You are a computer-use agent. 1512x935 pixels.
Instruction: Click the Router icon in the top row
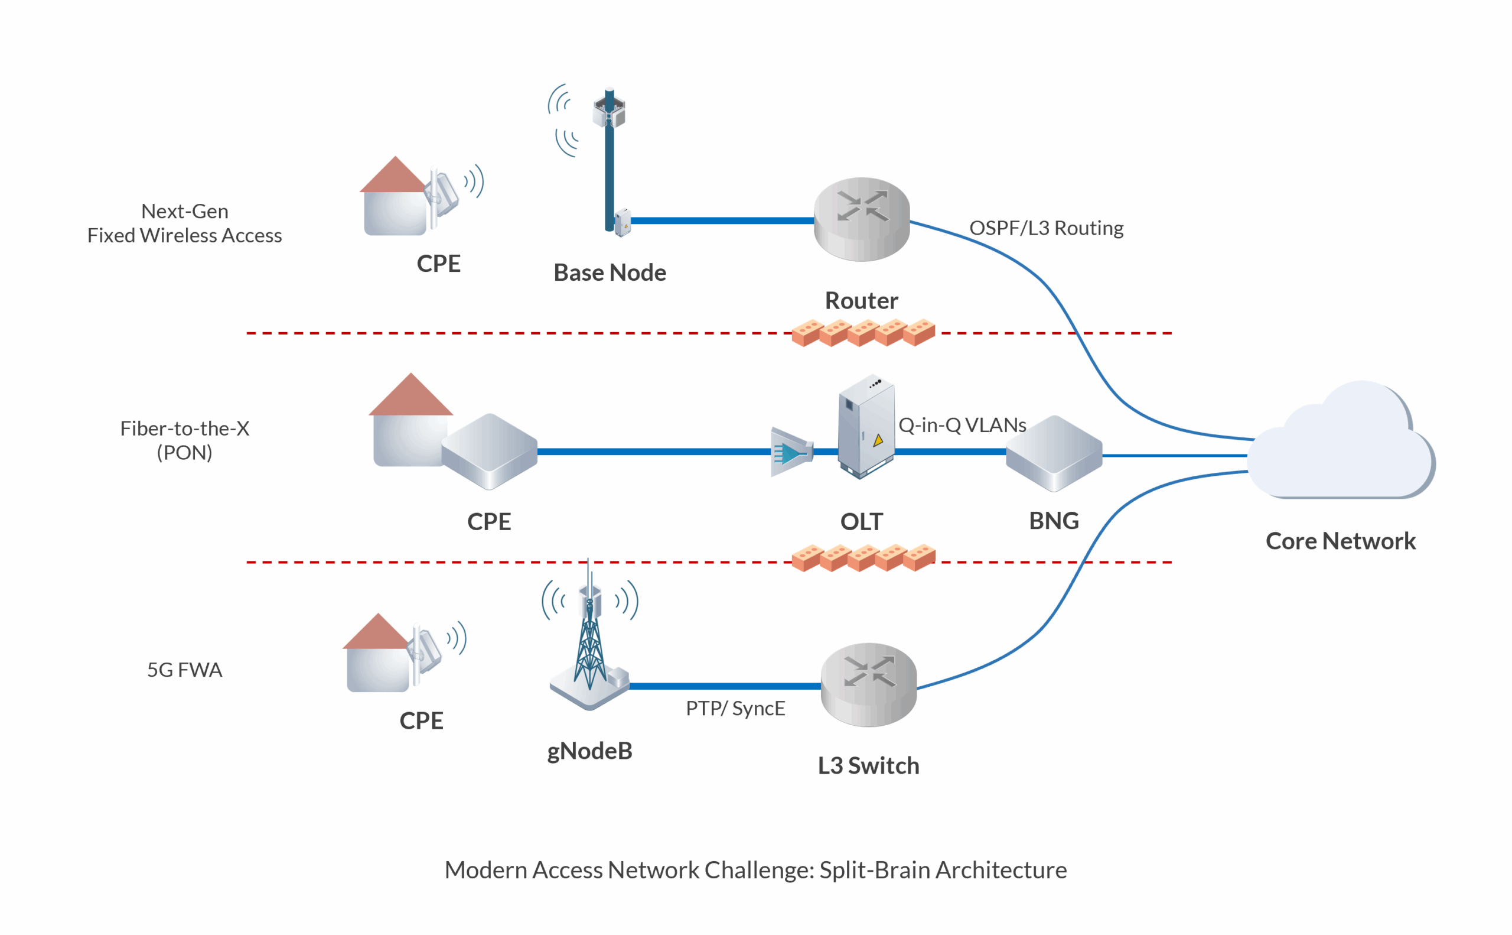coord(861,219)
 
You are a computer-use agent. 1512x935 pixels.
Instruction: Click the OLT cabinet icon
coord(866,427)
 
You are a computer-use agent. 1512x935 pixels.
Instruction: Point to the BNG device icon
coord(1054,453)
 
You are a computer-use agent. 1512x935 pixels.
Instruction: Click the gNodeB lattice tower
coord(589,643)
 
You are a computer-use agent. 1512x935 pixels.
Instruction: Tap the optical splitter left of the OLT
coord(791,452)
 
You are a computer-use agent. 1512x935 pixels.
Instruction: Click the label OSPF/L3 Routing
coord(1045,228)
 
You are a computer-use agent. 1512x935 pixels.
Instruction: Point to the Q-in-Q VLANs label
coord(962,425)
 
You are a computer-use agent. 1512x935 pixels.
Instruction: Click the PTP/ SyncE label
coord(735,708)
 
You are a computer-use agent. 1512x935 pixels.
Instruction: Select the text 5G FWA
coord(184,670)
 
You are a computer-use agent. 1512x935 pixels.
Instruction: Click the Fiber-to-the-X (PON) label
coord(184,440)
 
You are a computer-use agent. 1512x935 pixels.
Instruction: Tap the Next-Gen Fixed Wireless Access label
coord(184,223)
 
